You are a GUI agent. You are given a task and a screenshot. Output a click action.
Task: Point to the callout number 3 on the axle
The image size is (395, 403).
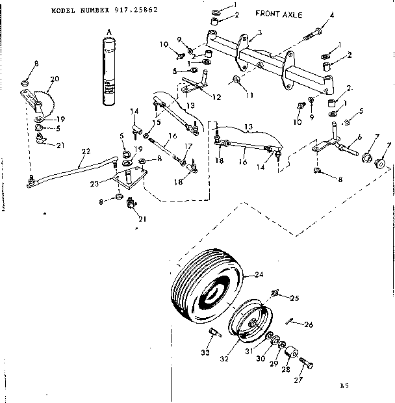259,32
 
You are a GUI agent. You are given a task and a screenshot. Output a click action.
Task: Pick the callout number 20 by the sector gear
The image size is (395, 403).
55,79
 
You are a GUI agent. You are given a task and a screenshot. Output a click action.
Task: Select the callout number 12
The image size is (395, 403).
217,97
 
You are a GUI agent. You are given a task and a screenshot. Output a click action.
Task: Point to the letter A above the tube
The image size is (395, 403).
109,31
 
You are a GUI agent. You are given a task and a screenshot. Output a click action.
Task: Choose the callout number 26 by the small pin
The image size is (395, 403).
309,324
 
